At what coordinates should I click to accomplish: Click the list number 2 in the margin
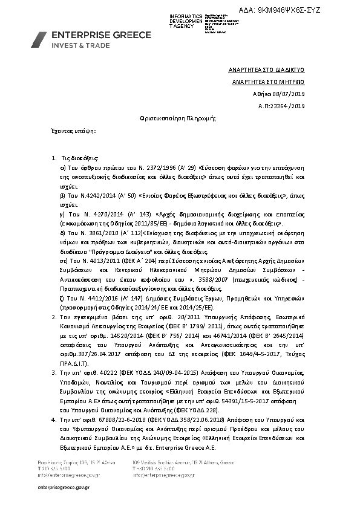(x=54, y=316)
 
